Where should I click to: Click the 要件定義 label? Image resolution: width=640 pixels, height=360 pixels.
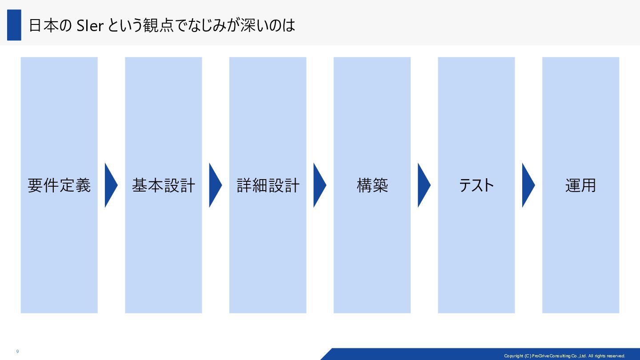tap(59, 185)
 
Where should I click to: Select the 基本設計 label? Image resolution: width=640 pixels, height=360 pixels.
tap(164, 185)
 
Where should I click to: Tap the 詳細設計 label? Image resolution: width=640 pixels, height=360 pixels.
tap(268, 185)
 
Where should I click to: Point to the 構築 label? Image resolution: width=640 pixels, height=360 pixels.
tap(372, 185)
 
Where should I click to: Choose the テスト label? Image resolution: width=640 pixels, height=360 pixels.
tap(476, 185)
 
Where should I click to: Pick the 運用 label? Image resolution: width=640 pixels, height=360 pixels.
tap(580, 185)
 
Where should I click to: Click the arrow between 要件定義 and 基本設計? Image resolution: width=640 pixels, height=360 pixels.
tap(111, 185)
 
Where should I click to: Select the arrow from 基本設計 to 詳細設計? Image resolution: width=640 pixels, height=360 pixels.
tap(215, 185)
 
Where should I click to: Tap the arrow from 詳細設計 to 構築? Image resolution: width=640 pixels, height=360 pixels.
tap(320, 185)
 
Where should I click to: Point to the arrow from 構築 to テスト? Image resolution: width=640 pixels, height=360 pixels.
tap(424, 185)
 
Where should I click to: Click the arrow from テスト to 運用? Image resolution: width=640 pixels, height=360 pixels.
tap(528, 185)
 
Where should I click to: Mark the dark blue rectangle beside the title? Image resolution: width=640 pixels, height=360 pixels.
tap(14, 25)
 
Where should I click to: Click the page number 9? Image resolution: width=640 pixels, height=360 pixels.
tap(17, 352)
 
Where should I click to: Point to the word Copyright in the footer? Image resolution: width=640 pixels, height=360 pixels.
tap(513, 356)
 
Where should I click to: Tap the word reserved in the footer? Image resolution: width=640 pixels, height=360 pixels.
tap(615, 356)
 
